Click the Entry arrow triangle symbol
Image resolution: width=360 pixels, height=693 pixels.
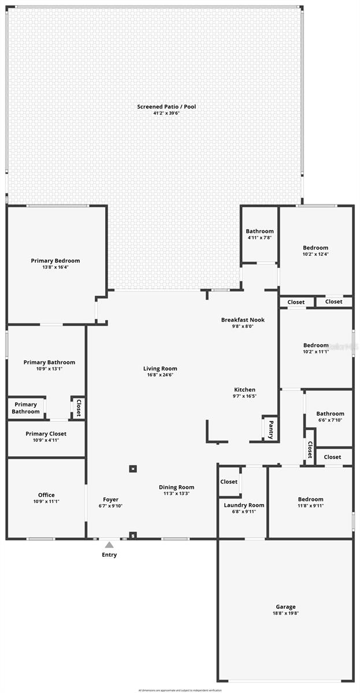(109, 544)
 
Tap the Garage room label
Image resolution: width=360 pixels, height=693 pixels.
(285, 607)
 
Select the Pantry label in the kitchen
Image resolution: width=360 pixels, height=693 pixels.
(270, 429)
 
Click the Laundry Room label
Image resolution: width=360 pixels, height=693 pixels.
(244, 505)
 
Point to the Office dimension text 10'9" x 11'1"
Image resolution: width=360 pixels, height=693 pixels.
(46, 501)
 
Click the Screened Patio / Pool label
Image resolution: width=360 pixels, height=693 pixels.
(166, 106)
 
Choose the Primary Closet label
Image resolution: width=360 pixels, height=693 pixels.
(46, 434)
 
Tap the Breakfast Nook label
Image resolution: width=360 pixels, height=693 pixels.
(243, 320)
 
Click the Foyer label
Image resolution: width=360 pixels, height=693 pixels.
(110, 500)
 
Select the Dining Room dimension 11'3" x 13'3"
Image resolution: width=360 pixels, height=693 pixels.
(176, 494)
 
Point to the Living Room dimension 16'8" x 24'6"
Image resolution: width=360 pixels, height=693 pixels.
(160, 375)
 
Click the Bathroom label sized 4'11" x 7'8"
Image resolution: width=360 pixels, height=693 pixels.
(259, 232)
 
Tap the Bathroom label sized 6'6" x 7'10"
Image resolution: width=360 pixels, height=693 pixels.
(330, 413)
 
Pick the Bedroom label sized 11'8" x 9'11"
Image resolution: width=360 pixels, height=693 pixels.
(310, 500)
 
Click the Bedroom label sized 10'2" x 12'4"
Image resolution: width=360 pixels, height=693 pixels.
(316, 248)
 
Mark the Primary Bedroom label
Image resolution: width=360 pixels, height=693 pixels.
(55, 260)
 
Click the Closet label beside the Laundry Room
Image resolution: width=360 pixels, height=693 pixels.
(229, 482)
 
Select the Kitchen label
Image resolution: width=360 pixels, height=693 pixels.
(244, 390)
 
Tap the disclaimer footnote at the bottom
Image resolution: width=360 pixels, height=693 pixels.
(180, 690)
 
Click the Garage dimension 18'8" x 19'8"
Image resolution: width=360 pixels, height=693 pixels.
(285, 613)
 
